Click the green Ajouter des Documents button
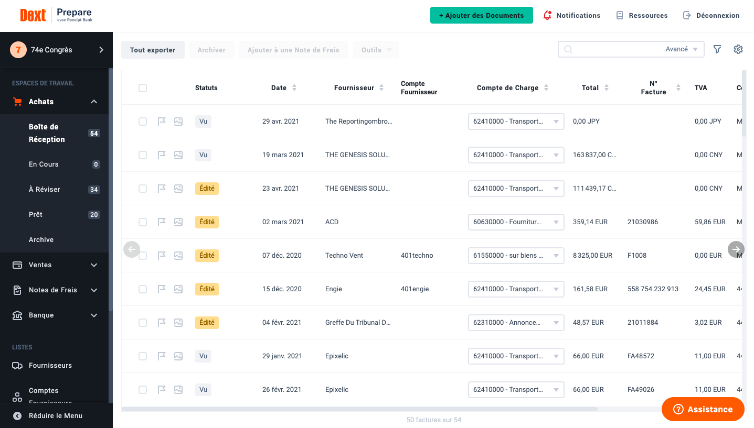[481, 15]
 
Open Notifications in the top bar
[572, 15]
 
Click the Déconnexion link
[711, 15]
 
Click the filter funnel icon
[717, 49]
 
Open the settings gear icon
[738, 49]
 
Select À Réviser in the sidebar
[44, 189]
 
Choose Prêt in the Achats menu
[36, 214]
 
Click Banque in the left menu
[41, 315]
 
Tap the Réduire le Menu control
[55, 415]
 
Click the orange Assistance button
[703, 409]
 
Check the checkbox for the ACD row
[143, 222]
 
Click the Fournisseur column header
[354, 87]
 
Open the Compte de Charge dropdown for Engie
[516, 289]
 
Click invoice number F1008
[637, 255]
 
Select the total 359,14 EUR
[590, 222]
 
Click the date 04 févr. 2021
[282, 322]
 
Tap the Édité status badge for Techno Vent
[207, 255]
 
